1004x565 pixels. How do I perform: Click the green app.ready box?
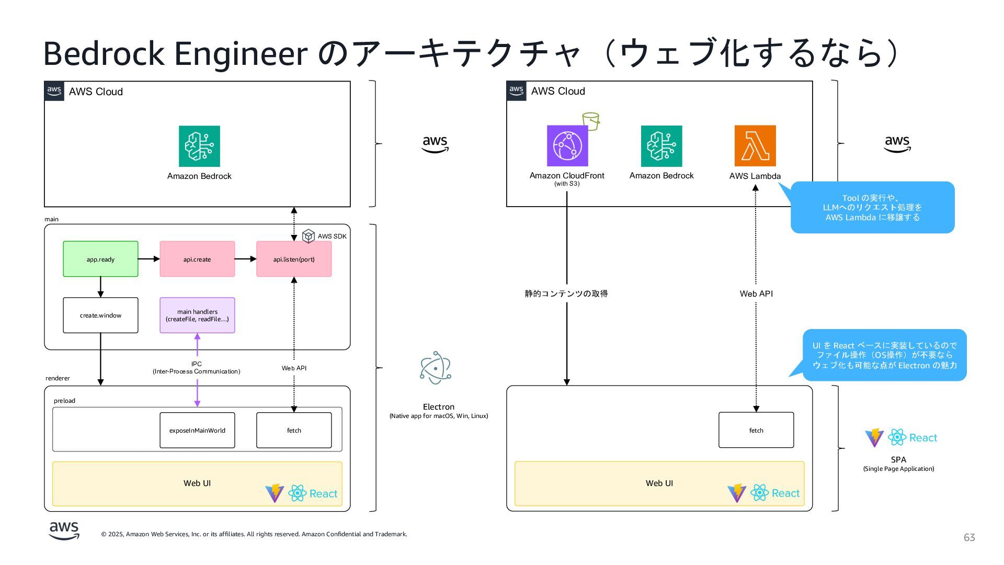click(100, 259)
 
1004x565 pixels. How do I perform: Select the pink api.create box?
click(197, 259)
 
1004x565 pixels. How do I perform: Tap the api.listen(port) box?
click(294, 259)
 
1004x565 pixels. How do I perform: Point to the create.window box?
click(100, 315)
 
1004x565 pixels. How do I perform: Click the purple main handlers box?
click(197, 315)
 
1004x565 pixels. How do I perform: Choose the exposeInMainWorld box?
click(197, 431)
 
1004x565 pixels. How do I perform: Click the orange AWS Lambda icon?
click(755, 146)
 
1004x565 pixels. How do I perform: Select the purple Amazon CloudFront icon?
click(567, 146)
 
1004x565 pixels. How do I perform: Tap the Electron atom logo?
click(436, 368)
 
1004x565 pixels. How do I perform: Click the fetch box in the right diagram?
click(756, 431)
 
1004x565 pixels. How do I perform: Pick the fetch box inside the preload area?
click(294, 431)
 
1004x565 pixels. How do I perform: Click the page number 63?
click(969, 538)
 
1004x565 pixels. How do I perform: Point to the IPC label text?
click(197, 364)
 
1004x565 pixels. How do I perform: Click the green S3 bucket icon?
click(591, 121)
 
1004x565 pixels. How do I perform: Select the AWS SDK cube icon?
click(309, 236)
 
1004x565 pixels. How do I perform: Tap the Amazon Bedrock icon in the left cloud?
click(199, 146)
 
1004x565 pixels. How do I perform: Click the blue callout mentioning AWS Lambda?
click(872, 207)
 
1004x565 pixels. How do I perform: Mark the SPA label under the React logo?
click(898, 460)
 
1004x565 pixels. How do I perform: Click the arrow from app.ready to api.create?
click(149, 259)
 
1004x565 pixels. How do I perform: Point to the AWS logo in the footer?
click(64, 530)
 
